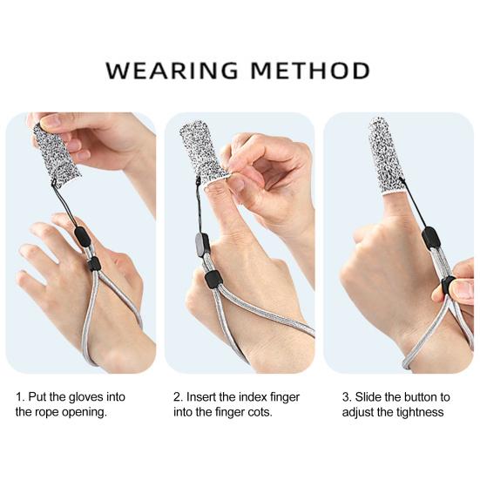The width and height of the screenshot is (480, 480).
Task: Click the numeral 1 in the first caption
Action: coord(19,397)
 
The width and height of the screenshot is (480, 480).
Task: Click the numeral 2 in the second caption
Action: coord(178,397)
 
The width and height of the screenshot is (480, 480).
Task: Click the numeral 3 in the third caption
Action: coord(345,397)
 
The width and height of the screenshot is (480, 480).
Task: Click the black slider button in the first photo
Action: coord(93,263)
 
